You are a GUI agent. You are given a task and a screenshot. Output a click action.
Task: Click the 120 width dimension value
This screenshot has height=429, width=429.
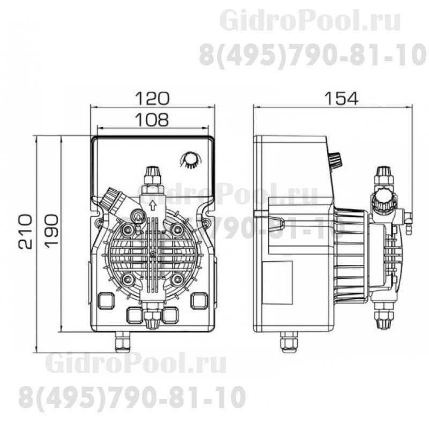click(152, 98)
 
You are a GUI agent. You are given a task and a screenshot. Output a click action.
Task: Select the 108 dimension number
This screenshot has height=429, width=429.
click(152, 120)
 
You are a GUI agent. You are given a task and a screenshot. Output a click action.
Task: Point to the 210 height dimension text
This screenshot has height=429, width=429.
click(25, 231)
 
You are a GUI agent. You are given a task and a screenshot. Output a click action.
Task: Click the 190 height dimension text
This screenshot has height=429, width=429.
click(51, 231)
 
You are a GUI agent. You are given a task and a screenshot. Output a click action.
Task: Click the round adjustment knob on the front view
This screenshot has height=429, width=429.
click(189, 160)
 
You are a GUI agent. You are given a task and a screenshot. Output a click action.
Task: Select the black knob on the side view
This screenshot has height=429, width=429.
click(335, 160)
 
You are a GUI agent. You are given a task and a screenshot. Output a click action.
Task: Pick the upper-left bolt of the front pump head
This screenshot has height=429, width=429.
click(128, 230)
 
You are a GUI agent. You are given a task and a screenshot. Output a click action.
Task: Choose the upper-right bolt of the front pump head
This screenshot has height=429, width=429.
click(177, 230)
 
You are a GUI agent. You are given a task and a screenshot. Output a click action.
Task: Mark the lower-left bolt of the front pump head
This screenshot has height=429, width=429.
click(128, 279)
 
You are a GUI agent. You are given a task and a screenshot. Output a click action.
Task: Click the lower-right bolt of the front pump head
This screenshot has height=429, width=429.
click(177, 279)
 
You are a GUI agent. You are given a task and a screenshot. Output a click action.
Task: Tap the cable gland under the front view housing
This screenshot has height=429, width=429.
click(123, 341)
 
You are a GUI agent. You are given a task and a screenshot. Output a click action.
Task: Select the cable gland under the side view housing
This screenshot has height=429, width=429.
click(288, 341)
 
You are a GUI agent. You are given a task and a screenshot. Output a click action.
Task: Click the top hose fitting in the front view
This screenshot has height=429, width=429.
click(152, 176)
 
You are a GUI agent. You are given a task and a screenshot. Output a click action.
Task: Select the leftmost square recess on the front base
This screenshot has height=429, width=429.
click(106, 301)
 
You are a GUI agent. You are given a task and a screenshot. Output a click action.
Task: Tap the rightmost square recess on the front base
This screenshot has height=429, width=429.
click(199, 301)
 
